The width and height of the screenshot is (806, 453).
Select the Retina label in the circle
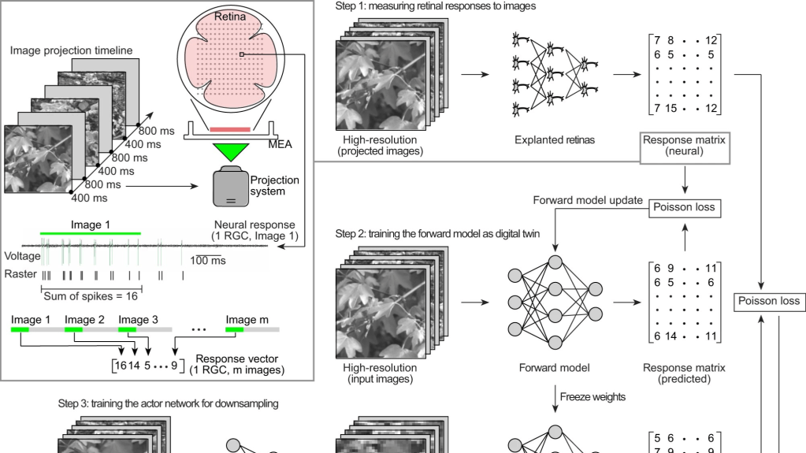[x=230, y=16]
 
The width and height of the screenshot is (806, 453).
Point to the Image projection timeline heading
[x=72, y=50]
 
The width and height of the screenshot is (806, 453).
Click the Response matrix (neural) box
[x=684, y=145]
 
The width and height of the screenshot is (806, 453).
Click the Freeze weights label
[x=592, y=396]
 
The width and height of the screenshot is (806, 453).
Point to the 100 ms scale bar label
[x=207, y=259]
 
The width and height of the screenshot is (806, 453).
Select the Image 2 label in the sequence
[x=84, y=319]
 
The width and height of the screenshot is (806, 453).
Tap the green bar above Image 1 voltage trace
[x=91, y=234]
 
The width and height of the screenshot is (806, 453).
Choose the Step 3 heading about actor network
[x=168, y=403]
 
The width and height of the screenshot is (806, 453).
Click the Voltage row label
[x=22, y=256]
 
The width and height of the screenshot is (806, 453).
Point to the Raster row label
[x=20, y=274]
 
